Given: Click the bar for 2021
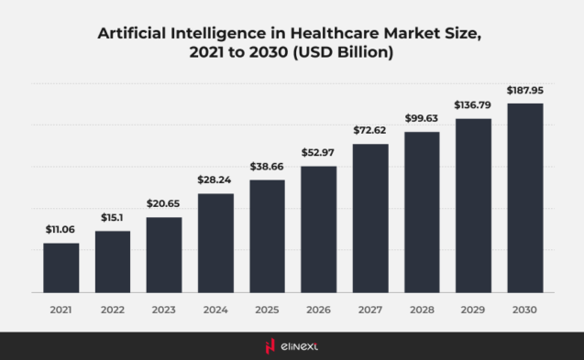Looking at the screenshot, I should [61, 267].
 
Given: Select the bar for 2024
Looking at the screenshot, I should [215, 243].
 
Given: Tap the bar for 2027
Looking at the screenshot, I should [370, 218].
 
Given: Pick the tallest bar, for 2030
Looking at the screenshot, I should [524, 198].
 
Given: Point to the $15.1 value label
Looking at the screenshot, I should [113, 216].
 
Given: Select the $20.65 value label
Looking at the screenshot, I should [164, 202].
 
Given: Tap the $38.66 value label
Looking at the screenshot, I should [267, 165].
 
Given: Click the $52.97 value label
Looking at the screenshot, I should [319, 151].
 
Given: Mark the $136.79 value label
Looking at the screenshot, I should [473, 104].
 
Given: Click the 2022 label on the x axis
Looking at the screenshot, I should [113, 311].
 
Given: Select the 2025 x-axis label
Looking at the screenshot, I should [267, 311].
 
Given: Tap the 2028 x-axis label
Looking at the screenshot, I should [422, 311].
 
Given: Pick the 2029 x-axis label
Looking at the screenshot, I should [473, 311].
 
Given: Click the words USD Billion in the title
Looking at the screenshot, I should [349, 53].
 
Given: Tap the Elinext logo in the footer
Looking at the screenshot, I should [292, 345].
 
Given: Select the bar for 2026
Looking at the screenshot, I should [319, 229].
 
